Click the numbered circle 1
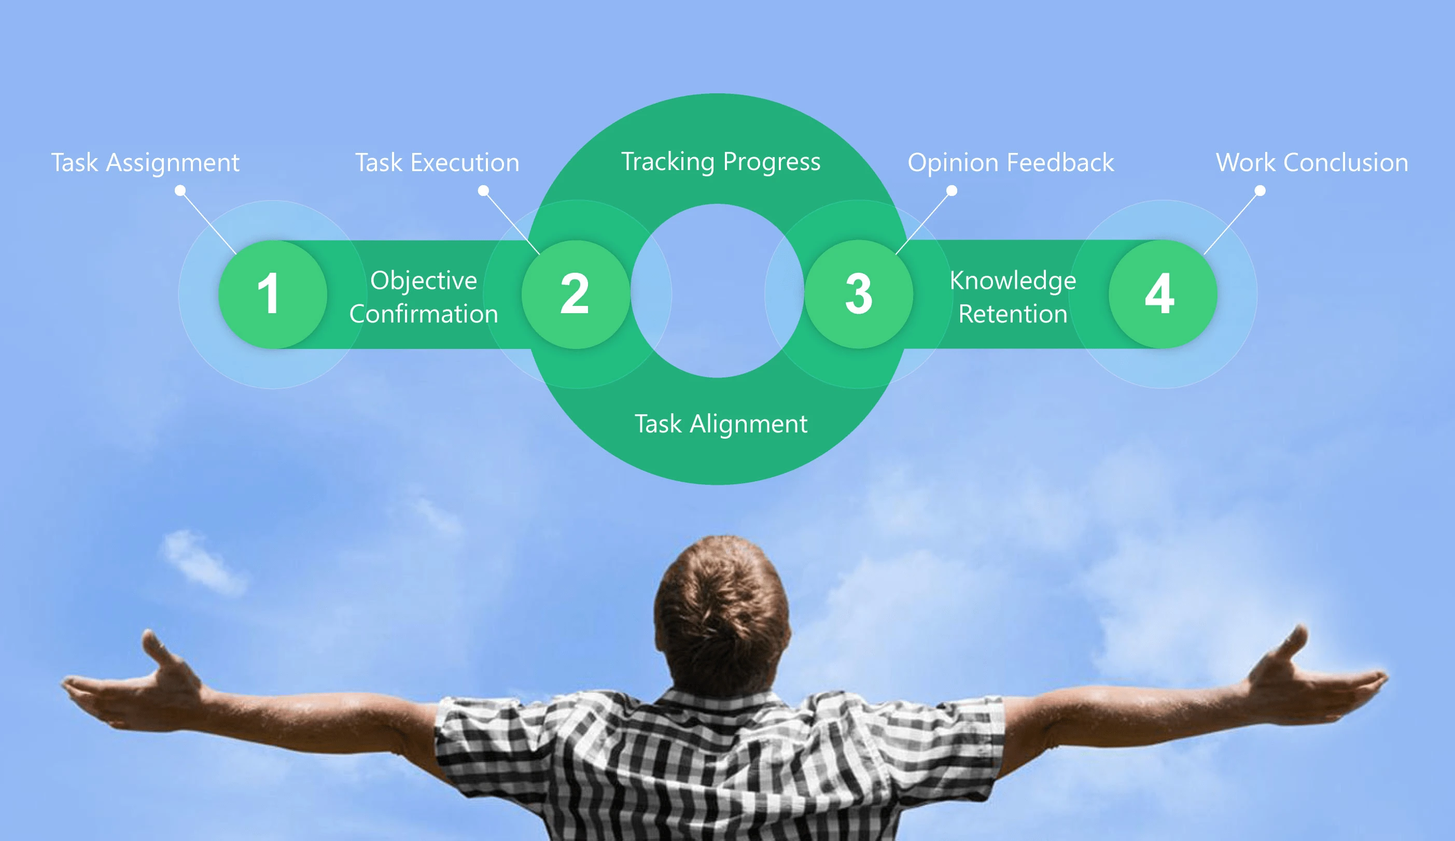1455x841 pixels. click(x=273, y=295)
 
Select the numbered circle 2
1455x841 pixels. click(x=576, y=295)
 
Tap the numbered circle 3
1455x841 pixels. click(x=859, y=295)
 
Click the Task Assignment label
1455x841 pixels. click(x=145, y=163)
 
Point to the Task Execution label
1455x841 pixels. click(x=437, y=163)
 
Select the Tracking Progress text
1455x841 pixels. click(x=721, y=162)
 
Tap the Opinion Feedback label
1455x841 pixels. click(x=1011, y=163)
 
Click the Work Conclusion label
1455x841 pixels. click(x=1312, y=163)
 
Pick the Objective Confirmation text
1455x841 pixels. click(x=424, y=297)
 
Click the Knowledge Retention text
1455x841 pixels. click(x=1013, y=297)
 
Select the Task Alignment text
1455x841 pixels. click(x=721, y=424)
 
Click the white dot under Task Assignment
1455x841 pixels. click(x=180, y=190)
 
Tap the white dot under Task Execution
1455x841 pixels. click(x=484, y=190)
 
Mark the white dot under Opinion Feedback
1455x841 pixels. click(x=952, y=190)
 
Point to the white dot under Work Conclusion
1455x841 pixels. click(x=1261, y=190)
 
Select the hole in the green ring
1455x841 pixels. click(x=718, y=291)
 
